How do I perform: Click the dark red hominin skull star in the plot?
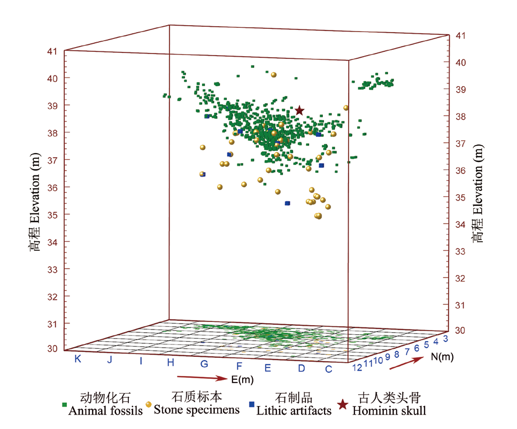pyautogui.click(x=299, y=111)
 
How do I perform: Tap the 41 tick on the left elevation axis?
pyautogui.click(x=52, y=51)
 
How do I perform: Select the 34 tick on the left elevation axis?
pyautogui.click(x=52, y=242)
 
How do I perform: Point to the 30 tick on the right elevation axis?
pyautogui.click(x=459, y=330)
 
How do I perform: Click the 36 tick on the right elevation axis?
pyautogui.click(x=459, y=171)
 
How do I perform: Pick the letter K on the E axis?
pyautogui.click(x=78, y=359)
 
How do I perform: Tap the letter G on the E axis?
pyautogui.click(x=204, y=364)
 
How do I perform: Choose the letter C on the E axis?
pyautogui.click(x=329, y=369)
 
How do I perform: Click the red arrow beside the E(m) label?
pyautogui.click(x=202, y=378)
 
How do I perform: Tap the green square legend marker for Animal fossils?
pyautogui.click(x=65, y=405)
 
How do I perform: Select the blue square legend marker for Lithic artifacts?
pyautogui.click(x=251, y=405)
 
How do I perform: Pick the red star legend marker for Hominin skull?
pyautogui.click(x=343, y=405)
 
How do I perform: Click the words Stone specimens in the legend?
pyautogui.click(x=197, y=411)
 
